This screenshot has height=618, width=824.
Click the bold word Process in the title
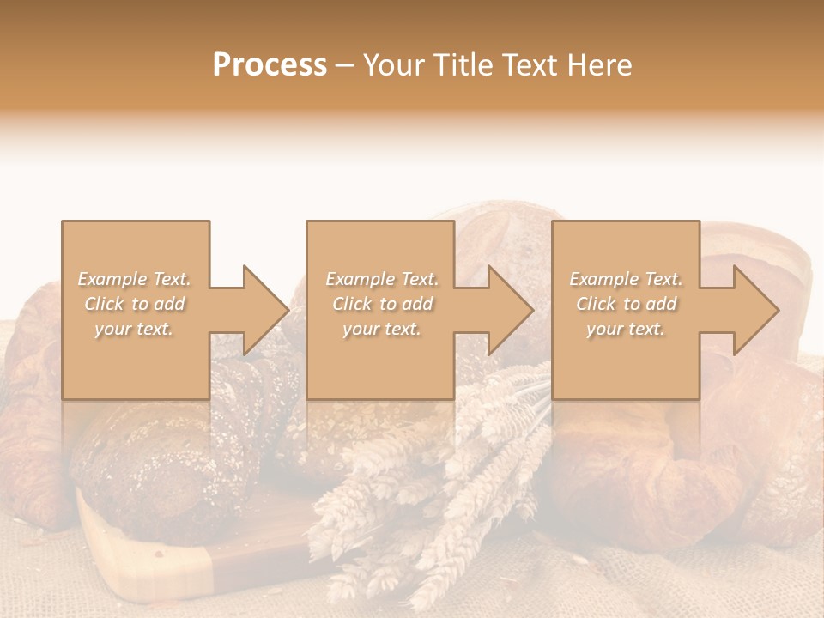270,65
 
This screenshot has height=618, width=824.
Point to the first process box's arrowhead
264,310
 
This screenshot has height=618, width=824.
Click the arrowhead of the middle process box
510,310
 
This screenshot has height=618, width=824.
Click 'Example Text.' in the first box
135,279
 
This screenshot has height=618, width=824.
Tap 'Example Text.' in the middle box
382,279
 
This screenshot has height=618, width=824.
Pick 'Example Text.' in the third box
626,279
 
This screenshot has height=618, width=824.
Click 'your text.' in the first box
134,329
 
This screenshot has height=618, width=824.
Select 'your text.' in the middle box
381,329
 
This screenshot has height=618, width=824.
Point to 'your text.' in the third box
625,329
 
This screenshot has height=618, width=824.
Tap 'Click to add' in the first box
135,304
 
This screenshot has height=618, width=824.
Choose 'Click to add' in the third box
626,304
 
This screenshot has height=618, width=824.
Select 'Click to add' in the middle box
382,304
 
